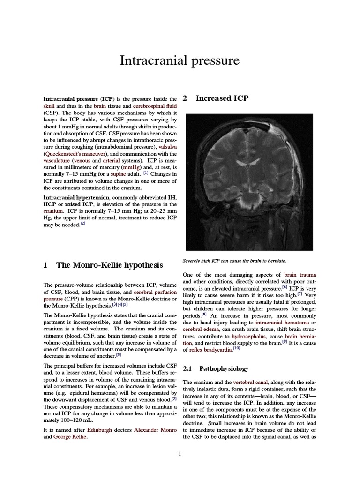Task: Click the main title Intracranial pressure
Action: [180, 60]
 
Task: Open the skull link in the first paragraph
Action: [49, 106]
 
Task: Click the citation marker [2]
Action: [82, 223]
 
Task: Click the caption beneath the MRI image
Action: [233, 260]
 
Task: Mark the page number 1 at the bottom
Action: [180, 453]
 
